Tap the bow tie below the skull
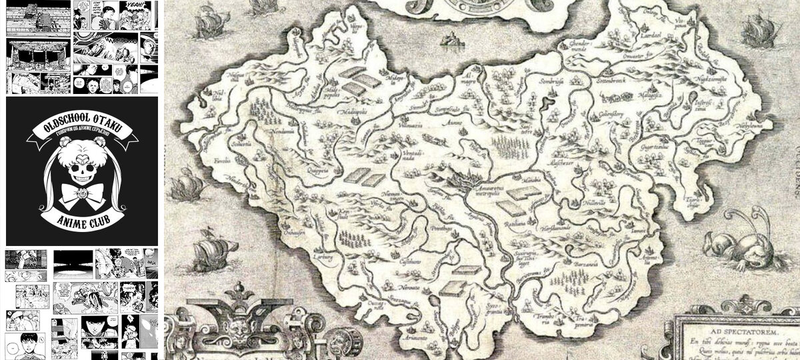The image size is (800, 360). [81, 194]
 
